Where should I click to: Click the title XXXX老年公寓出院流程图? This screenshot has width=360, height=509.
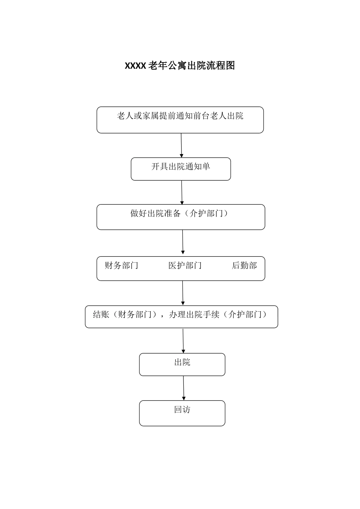[180, 66]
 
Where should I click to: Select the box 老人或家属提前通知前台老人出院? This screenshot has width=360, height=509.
[180, 120]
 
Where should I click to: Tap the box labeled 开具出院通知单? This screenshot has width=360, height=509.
[181, 169]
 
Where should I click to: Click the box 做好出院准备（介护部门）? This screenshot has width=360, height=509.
[181, 217]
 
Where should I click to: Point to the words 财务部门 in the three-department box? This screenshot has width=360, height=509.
[121, 265]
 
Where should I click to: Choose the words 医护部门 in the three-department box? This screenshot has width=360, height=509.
[185, 265]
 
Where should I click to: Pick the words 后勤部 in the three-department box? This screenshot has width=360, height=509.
[244, 265]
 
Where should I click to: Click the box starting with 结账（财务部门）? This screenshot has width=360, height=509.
[181, 317]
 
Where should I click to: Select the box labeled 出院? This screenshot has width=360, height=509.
[182, 364]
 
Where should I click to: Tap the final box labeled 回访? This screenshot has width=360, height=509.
[182, 413]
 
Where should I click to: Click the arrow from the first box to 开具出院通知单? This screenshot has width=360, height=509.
[181, 145]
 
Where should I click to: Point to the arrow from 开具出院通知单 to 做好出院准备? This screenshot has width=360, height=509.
[182, 192]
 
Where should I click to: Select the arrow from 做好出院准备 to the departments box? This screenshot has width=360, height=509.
[183, 242]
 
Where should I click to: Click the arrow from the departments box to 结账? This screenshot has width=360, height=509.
[183, 293]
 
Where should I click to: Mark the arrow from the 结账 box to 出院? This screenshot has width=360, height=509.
[183, 340]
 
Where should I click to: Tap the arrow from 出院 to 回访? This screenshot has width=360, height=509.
[183, 388]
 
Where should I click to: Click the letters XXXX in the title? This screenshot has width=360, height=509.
[135, 66]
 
